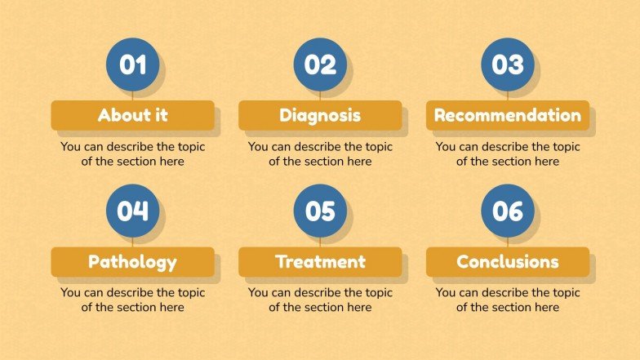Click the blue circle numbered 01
coord(132,64)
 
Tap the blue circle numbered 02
coord(320,64)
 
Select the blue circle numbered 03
coord(508,64)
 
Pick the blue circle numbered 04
coord(132,211)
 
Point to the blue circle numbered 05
coord(320,211)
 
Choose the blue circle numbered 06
coord(508,211)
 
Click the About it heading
coord(132,115)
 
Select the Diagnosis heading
coord(320,115)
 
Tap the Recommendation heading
coord(508,115)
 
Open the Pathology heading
coord(132,262)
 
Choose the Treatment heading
coord(320,262)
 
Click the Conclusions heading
coord(508,262)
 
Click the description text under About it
coord(132,154)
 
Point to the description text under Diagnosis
coord(320,154)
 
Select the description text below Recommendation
coord(508,154)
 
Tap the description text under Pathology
coord(132,300)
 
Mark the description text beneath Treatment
coord(320,300)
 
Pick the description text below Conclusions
coord(508,300)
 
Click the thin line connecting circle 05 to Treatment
coord(320,242)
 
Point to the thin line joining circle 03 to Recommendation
coord(508,96)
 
